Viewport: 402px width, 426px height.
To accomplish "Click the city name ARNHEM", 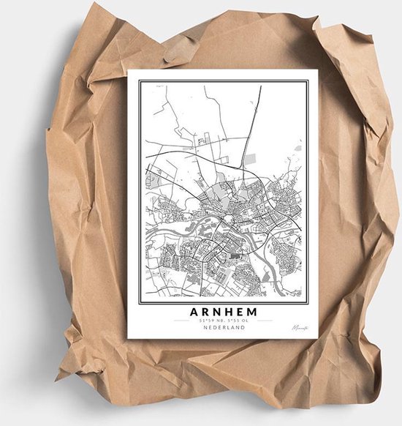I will tap(223, 310).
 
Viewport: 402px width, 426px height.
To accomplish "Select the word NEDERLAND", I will tap(223, 328).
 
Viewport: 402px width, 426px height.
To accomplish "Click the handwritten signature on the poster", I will tap(300, 328).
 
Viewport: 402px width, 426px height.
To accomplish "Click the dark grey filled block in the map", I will tap(235, 256).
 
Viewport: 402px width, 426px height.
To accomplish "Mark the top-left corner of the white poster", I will tap(129, 71).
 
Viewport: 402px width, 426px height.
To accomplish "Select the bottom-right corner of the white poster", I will tap(317, 339).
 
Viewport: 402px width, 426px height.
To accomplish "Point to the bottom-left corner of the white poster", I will tap(129, 338).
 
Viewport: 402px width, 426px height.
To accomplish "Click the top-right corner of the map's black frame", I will tap(307, 81).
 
